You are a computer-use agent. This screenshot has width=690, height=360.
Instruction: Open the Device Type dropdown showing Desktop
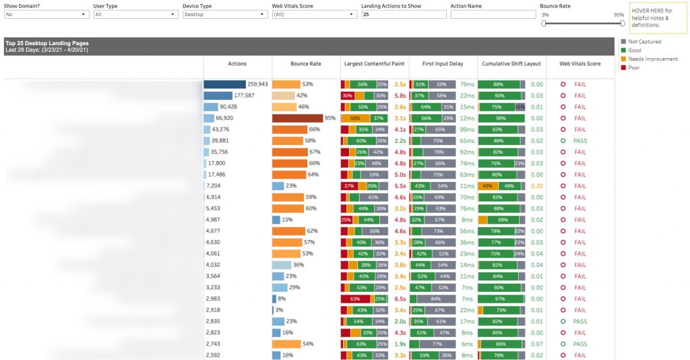click(x=224, y=13)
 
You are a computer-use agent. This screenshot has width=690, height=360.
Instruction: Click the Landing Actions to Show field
click(x=403, y=13)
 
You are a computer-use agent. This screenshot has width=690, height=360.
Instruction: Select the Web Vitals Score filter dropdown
click(x=313, y=13)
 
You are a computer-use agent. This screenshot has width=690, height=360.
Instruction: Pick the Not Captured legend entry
click(x=644, y=41)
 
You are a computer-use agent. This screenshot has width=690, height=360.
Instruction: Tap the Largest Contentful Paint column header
click(x=375, y=63)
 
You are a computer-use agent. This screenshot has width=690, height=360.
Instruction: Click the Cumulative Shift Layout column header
click(x=511, y=63)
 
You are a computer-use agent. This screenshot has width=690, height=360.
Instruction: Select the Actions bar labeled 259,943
click(x=225, y=84)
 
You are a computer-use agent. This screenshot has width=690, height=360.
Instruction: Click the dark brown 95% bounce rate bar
click(x=296, y=118)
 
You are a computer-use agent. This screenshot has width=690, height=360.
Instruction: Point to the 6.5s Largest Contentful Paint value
click(x=400, y=299)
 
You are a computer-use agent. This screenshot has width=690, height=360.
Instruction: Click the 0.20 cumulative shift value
click(x=536, y=185)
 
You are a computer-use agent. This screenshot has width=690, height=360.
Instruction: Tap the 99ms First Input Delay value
click(x=467, y=129)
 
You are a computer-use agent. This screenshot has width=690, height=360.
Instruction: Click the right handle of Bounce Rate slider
click(x=622, y=23)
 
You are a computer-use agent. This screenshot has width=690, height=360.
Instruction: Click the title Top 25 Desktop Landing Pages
click(x=47, y=43)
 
